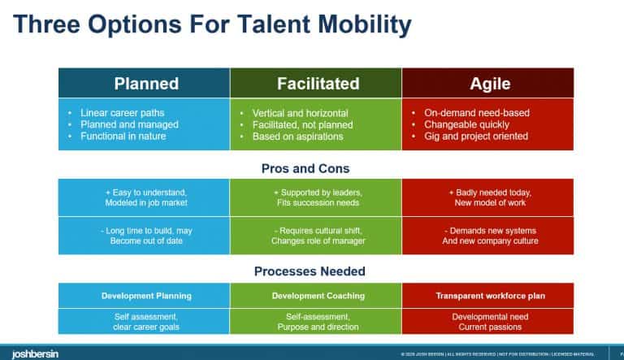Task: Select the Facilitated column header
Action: click(318, 83)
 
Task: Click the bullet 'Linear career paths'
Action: click(119, 112)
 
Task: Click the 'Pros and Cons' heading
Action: click(316, 168)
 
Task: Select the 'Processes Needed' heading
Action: click(316, 271)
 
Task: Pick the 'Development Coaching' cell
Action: click(316, 296)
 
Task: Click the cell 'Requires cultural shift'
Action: click(316, 235)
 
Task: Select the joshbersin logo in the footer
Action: click(30, 353)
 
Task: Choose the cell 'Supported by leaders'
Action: click(316, 197)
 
